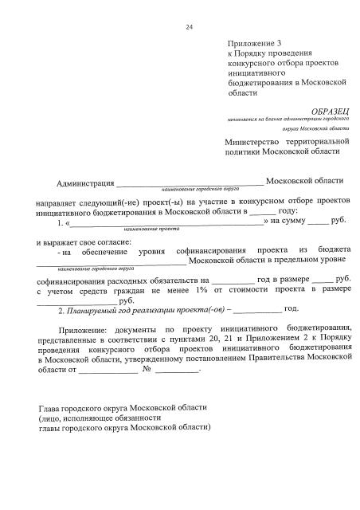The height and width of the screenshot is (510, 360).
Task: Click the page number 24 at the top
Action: tap(190, 27)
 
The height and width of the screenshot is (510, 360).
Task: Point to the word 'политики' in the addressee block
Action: tap(245, 151)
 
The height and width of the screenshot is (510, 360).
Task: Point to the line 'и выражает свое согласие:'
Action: tap(84, 241)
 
